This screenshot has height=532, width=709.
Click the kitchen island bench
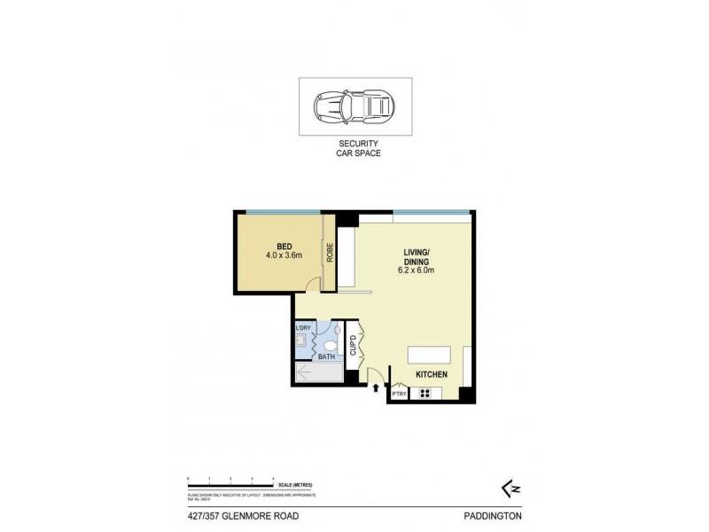(x=429, y=355)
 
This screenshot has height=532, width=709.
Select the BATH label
(x=326, y=356)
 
